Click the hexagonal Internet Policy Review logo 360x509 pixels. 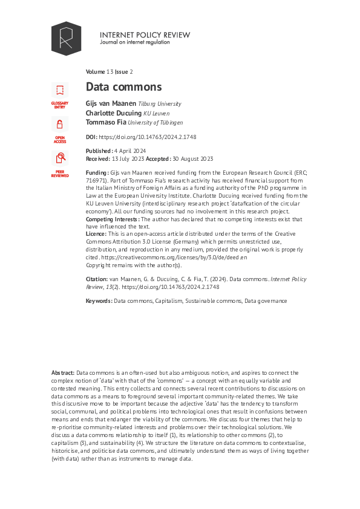[66, 39]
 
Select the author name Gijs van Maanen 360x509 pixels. [111, 103]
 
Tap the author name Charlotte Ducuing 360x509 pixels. [113, 112]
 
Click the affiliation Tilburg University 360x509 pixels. [160, 104]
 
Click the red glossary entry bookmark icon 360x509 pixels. [60, 91]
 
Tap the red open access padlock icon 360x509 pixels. [60, 125]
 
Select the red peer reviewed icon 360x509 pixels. [60, 158]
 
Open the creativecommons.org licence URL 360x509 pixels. [175, 258]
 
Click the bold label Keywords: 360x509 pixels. [99, 300]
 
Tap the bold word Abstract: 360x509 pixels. [63, 372]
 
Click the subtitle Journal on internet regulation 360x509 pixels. [136, 44]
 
